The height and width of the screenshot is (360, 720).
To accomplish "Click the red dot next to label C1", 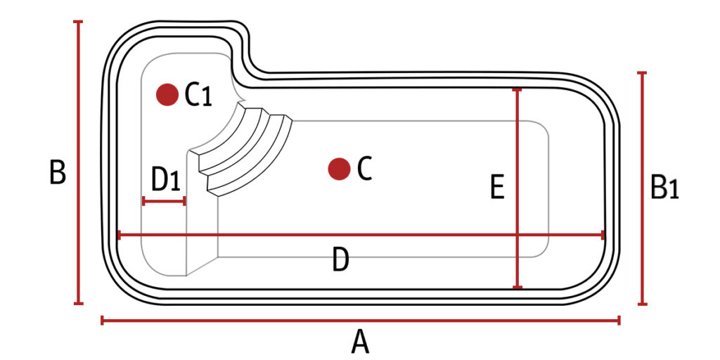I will (x=167, y=94).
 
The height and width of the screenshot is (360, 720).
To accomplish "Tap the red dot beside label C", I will (x=339, y=168).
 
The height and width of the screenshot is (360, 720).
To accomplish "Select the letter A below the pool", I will (x=360, y=343).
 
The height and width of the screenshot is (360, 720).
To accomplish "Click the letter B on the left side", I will (x=58, y=172).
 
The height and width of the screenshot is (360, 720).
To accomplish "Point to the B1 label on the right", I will (x=664, y=188).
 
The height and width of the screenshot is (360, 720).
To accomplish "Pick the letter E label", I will (x=497, y=188).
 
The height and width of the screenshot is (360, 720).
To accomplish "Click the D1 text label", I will (x=166, y=181).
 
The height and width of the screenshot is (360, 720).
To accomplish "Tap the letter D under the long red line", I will (x=340, y=262).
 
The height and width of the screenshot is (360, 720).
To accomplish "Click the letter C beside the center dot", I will (x=364, y=169).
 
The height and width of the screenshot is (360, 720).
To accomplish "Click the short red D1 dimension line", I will (x=164, y=201).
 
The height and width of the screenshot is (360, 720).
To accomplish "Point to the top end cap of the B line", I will (x=78, y=22).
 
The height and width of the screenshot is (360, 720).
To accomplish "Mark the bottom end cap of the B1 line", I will (x=642, y=304).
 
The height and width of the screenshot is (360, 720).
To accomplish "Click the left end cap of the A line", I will (x=103, y=321).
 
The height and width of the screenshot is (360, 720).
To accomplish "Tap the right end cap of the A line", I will (x=619, y=321).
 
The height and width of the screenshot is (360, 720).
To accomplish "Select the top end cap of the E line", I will (x=517, y=90).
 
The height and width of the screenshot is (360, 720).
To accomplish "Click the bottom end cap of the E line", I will (x=517, y=287).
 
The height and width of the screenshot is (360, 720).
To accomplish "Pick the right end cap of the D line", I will (x=603, y=235).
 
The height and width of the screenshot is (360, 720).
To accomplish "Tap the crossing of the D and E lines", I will (x=517, y=235).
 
